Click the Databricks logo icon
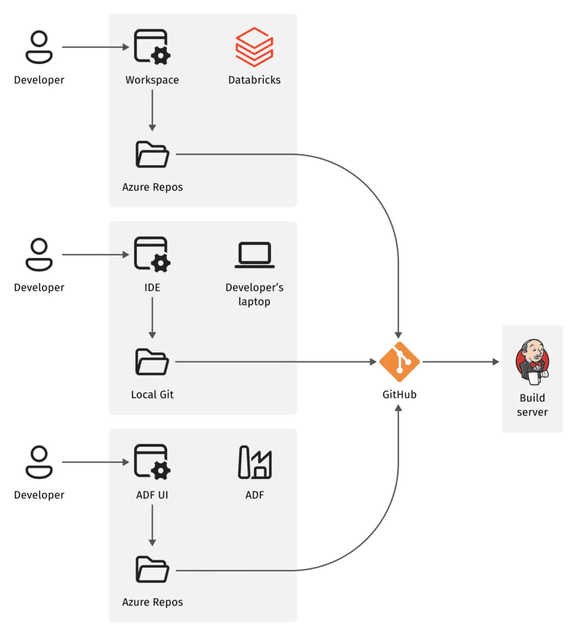click(x=254, y=47)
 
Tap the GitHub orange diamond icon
click(x=400, y=361)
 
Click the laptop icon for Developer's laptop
click(x=254, y=255)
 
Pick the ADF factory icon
click(x=254, y=462)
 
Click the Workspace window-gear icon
click(x=152, y=47)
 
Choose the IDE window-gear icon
click(x=152, y=254)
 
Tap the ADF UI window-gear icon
click(x=152, y=461)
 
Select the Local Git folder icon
click(x=152, y=362)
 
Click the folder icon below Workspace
click(x=152, y=155)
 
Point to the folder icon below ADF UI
click(x=152, y=570)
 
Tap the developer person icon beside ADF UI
click(x=39, y=463)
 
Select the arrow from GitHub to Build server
click(x=460, y=361)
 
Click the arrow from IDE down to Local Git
click(x=152, y=318)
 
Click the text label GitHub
click(x=400, y=394)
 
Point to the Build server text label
click(x=532, y=404)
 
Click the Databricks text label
click(x=254, y=80)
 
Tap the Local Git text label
click(x=152, y=394)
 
